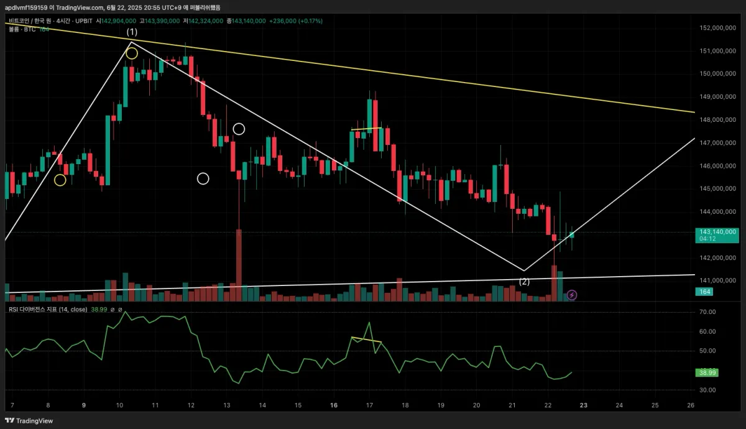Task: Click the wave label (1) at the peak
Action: (x=132, y=32)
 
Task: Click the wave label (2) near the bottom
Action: (x=525, y=282)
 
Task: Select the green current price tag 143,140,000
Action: (x=717, y=234)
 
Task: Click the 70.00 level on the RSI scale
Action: (x=708, y=312)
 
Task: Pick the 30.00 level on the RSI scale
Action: (x=708, y=390)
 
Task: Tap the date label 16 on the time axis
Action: (x=334, y=405)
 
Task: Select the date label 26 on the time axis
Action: (x=691, y=405)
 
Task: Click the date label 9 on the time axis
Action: (x=84, y=405)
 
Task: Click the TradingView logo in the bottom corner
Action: (x=30, y=421)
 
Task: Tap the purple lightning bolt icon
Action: (x=572, y=295)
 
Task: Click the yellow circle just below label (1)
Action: (x=132, y=53)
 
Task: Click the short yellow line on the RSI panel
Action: (x=366, y=340)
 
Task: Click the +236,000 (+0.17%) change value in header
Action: (x=296, y=21)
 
